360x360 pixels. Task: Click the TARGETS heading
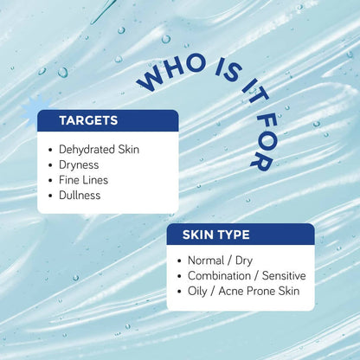point(88,121)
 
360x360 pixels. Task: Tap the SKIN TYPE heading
point(215,235)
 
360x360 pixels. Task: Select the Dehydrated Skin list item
point(99,149)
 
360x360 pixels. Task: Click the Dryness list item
point(80,164)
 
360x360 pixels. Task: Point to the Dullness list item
point(80,196)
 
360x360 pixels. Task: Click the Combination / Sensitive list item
point(247,275)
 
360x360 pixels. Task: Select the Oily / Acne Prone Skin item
point(243,291)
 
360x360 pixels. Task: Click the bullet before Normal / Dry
point(179,260)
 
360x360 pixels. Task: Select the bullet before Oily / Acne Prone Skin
point(179,291)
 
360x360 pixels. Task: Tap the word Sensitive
point(280,275)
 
